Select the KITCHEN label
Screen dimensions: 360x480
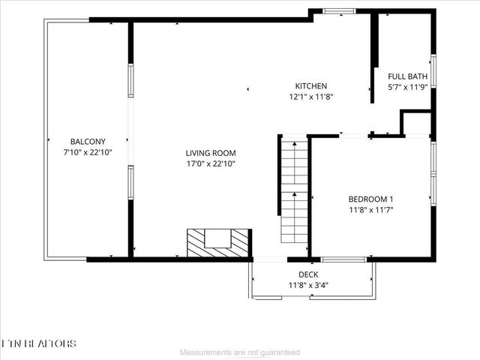coord(310,86)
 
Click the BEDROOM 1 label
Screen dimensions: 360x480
coord(370,199)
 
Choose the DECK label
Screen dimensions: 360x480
coord(308,275)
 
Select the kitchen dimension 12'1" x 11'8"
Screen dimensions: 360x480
coord(310,97)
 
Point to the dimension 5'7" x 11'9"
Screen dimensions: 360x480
coord(406,87)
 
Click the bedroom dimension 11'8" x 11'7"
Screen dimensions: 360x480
coord(370,209)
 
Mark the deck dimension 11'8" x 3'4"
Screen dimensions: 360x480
coord(308,286)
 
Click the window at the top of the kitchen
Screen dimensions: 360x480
coord(339,10)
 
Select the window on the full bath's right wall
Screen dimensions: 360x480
coord(433,72)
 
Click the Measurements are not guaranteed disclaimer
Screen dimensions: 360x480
coord(241,352)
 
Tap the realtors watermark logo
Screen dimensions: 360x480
coord(39,343)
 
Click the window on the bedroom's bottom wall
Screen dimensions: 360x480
coord(348,259)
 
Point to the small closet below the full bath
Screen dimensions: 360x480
coord(416,123)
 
